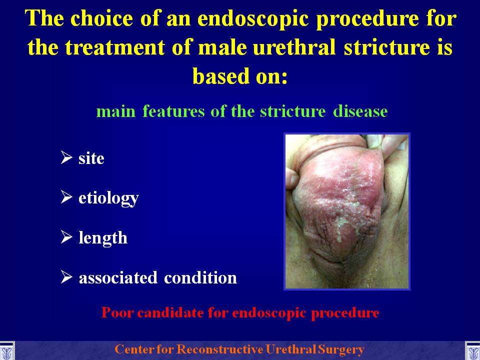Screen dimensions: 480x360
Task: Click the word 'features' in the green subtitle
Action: pos(173,111)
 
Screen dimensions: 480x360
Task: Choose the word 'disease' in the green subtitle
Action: pos(360,111)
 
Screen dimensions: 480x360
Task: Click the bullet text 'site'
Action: pos(91,158)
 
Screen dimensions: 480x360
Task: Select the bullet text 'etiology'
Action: pos(108,198)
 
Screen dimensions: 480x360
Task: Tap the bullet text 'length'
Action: pos(103,238)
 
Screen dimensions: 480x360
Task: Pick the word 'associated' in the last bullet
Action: pos(118,277)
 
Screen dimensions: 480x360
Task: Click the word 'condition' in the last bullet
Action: pos(200,277)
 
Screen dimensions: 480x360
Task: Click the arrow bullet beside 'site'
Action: pos(66,157)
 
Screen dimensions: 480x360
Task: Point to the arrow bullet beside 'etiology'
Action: pos(66,197)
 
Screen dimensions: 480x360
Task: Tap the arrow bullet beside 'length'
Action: pos(66,236)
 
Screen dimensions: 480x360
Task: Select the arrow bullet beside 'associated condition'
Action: pos(66,276)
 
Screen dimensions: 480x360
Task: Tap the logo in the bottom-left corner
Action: pos(6,351)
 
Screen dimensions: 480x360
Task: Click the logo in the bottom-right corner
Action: pos(472,351)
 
